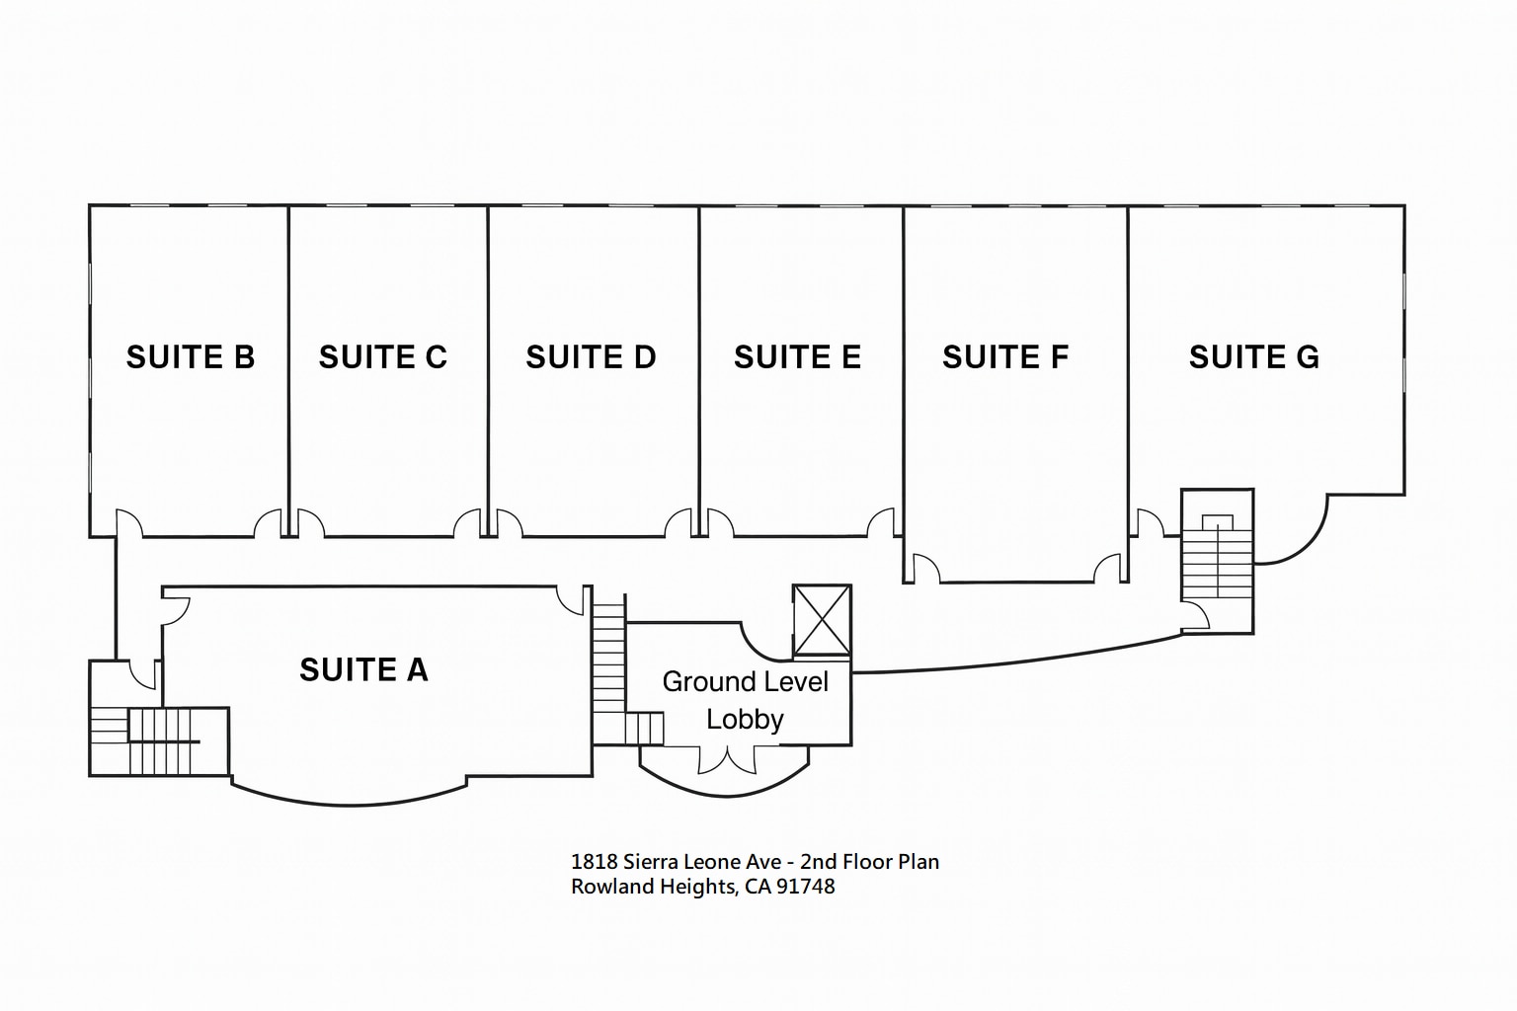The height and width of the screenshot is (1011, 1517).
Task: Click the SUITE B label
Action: click(191, 356)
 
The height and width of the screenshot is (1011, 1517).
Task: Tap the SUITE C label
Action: click(383, 356)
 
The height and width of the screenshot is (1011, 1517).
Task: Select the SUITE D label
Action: click(591, 356)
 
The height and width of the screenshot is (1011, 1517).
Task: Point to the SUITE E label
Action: click(797, 356)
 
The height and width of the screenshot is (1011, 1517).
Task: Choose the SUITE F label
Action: click(1005, 356)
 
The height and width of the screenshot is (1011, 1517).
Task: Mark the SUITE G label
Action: click(1254, 356)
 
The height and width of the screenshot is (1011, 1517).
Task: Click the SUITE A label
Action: click(363, 669)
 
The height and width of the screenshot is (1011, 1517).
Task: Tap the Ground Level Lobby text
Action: click(745, 700)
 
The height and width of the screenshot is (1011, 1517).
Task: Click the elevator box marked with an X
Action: click(822, 620)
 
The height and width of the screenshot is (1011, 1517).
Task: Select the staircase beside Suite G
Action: click(1218, 563)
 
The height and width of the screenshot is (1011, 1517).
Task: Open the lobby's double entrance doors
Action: click(727, 760)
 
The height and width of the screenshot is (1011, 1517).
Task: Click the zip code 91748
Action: click(806, 887)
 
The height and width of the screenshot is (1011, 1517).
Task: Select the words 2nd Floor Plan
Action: click(869, 861)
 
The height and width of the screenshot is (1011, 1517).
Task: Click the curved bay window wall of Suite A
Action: click(349, 799)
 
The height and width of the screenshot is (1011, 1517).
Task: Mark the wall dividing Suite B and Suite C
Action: click(288, 365)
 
